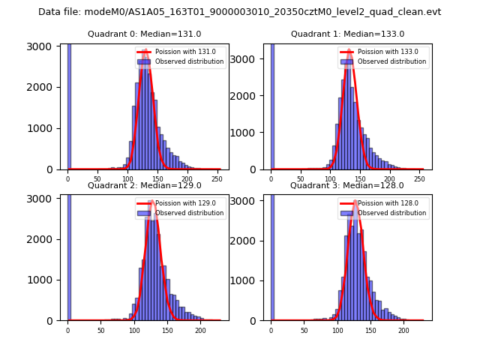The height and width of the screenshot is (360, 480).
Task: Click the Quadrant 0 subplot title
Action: click(144, 34)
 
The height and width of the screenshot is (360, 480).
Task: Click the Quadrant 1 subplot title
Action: click(347, 34)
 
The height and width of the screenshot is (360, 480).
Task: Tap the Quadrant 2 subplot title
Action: click(144, 185)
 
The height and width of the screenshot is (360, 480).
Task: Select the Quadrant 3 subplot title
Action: click(347, 185)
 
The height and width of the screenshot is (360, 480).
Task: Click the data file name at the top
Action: click(239, 12)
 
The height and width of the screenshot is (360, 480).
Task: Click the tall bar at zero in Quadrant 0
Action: click(68, 105)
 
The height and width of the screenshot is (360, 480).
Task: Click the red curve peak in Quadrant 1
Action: click(349, 51)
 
